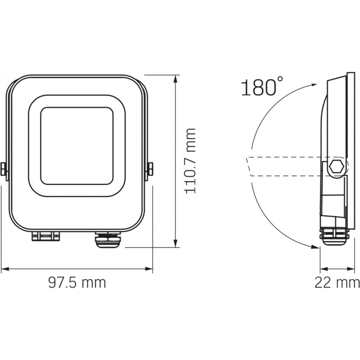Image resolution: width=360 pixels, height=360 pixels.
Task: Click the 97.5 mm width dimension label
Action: tap(77, 283)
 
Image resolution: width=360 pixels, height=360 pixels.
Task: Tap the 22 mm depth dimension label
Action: tap(337, 283)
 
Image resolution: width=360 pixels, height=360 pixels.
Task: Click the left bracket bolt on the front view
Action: tap(4, 169)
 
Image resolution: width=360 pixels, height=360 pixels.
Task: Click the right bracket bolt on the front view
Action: tap(150, 169)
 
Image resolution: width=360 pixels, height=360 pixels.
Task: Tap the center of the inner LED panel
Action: tap(77, 146)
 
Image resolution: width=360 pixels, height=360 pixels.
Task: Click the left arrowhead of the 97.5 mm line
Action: tap(4, 269)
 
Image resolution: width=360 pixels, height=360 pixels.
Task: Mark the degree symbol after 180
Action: tap(280, 79)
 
